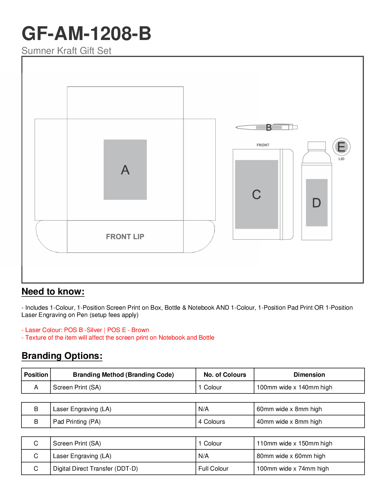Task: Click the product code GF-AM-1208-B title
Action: coord(86,33)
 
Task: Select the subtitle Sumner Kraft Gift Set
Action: coord(66,51)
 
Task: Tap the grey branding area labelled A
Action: coord(125,169)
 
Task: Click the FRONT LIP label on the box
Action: coord(125,237)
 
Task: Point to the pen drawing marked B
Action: coord(267,127)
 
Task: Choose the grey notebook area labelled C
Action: coord(256,194)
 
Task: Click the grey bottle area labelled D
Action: coord(317,203)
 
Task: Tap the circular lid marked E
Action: coord(341,147)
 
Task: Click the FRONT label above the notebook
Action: coord(263,145)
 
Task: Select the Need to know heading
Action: coord(53,291)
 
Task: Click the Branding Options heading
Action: coord(62,356)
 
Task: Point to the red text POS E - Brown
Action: coord(128,330)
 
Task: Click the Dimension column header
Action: coord(309,375)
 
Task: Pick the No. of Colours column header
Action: coord(225,375)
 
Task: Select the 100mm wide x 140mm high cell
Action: coord(294,387)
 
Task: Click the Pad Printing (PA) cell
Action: coord(77,422)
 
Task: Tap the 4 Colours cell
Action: coord(212,422)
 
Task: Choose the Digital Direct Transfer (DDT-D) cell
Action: coord(95,468)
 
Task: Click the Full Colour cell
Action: coord(213,468)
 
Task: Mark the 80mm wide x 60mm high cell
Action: coord(291,456)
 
